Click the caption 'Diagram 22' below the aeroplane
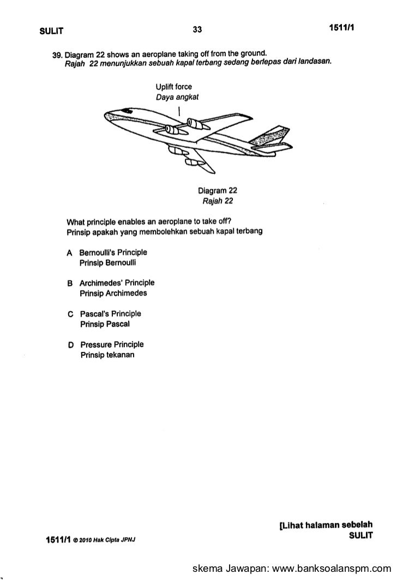[218, 191]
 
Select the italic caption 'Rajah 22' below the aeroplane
[218, 201]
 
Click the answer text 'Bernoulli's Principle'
[113, 253]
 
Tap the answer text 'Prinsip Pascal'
[107, 324]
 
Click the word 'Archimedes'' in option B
[102, 283]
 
